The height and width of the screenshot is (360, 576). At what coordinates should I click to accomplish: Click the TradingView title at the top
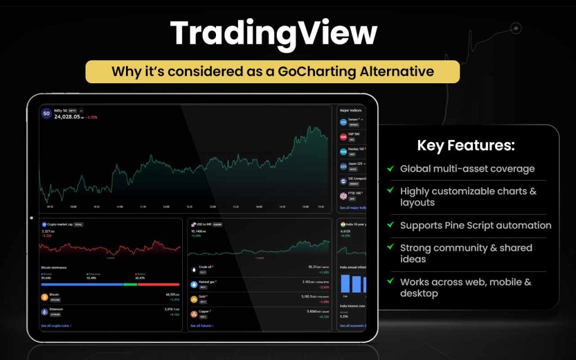pyautogui.click(x=273, y=34)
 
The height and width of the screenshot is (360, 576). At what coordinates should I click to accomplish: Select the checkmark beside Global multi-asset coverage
pyautogui.click(x=390, y=168)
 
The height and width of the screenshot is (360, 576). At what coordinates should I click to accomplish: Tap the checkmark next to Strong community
pyautogui.click(x=390, y=247)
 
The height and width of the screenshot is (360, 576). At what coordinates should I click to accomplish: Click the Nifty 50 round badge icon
pyautogui.click(x=46, y=114)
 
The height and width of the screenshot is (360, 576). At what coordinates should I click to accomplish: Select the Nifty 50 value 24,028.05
pyautogui.click(x=69, y=117)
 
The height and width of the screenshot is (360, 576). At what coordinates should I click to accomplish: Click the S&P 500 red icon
pyautogui.click(x=344, y=137)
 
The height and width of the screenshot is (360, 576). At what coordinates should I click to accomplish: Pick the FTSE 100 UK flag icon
pyautogui.click(x=344, y=196)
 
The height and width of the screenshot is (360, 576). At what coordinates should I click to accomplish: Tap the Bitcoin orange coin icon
pyautogui.click(x=44, y=296)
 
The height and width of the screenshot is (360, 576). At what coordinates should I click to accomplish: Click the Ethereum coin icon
pyautogui.click(x=44, y=312)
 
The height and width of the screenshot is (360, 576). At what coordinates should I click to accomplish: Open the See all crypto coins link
pyautogui.click(x=56, y=326)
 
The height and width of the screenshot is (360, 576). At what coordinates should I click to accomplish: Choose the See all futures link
pyautogui.click(x=202, y=326)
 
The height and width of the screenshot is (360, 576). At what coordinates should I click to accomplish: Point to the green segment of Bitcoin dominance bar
pyautogui.click(x=130, y=284)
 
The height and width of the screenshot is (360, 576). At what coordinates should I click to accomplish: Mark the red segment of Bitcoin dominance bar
pyautogui.click(x=158, y=284)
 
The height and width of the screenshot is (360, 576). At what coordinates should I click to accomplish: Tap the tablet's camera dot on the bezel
pyautogui.click(x=31, y=218)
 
